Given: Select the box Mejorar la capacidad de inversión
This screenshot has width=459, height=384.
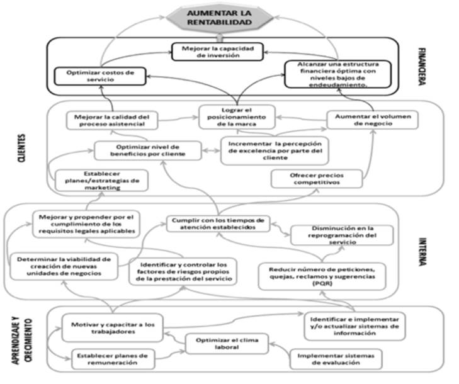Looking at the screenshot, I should pyautogui.click(x=224, y=51).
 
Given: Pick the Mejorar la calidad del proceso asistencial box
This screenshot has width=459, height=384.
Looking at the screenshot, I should pyautogui.click(x=111, y=120).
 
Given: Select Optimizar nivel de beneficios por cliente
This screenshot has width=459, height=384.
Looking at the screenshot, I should pyautogui.click(x=149, y=150).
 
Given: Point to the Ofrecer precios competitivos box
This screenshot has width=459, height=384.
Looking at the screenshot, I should pyautogui.click(x=316, y=178).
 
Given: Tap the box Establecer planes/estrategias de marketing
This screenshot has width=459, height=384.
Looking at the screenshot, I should pyautogui.click(x=101, y=181).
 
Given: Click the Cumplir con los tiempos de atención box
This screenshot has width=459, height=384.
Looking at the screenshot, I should pyautogui.click(x=218, y=224).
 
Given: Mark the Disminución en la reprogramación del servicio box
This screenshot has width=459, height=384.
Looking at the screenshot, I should pyautogui.click(x=341, y=234).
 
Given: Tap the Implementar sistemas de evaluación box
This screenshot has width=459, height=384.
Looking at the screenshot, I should pyautogui.click(x=336, y=359).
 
